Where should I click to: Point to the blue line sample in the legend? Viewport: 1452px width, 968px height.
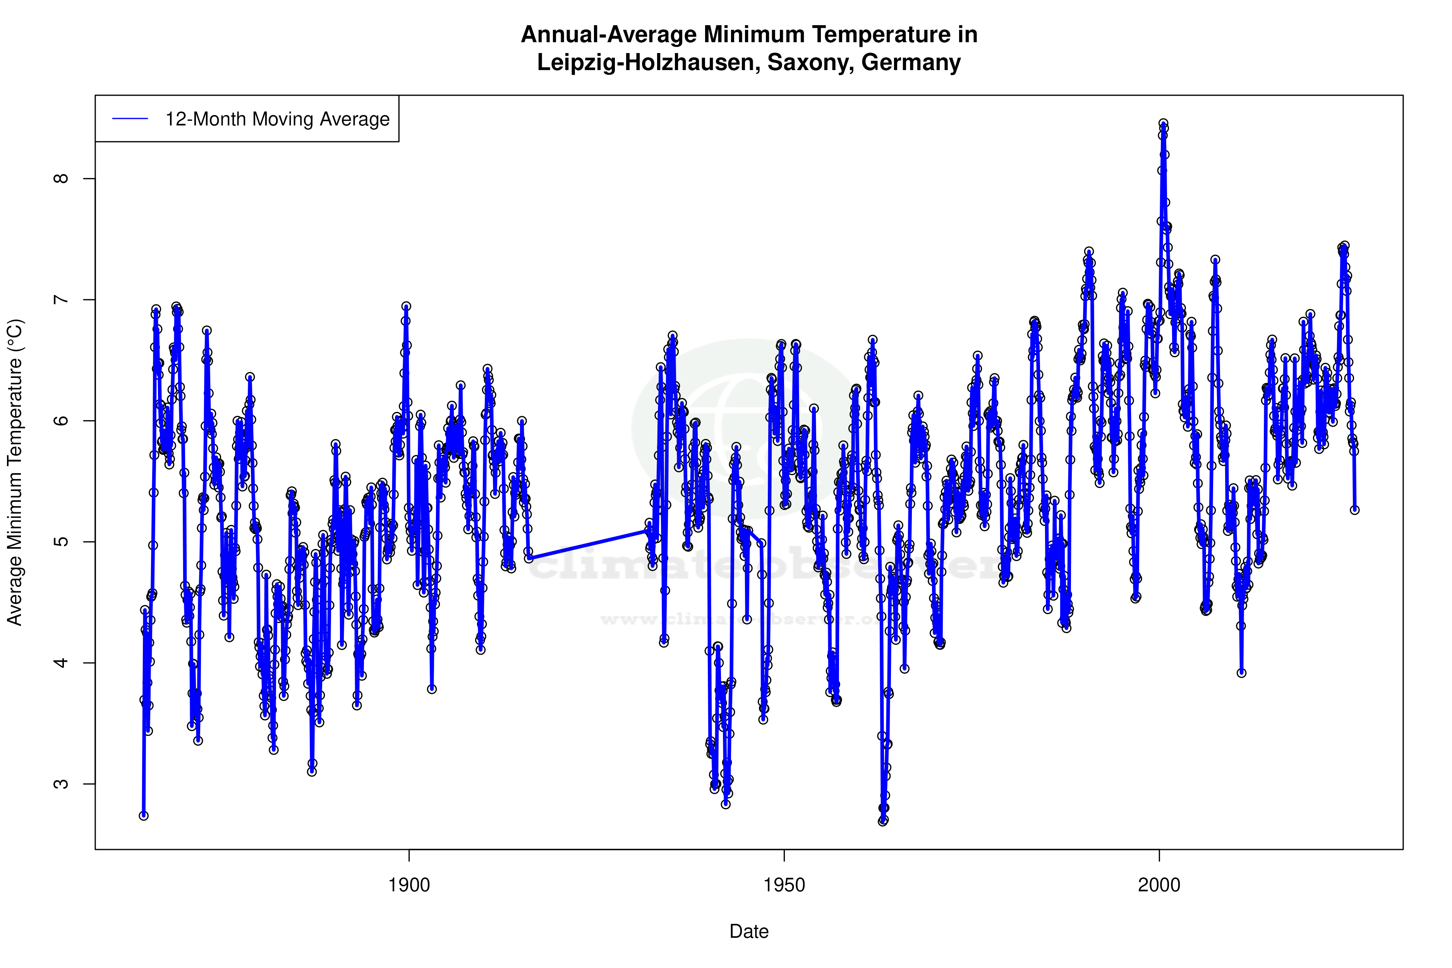click(x=130, y=118)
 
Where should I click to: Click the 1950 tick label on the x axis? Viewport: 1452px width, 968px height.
click(x=784, y=885)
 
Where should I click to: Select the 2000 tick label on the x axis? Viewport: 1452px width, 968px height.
click(x=1159, y=885)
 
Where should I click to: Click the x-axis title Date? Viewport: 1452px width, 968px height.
click(x=749, y=932)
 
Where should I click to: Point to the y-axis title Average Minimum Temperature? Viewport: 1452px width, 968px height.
click(x=15, y=472)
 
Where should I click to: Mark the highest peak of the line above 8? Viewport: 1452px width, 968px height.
click(x=1163, y=124)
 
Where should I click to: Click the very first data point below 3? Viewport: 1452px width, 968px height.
click(x=144, y=815)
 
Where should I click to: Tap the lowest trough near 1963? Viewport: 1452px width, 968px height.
click(x=883, y=821)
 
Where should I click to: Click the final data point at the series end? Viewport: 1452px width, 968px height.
click(x=1354, y=510)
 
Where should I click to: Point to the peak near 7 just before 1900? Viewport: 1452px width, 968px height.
click(x=406, y=306)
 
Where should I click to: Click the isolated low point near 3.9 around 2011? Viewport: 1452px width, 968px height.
click(x=1241, y=673)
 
